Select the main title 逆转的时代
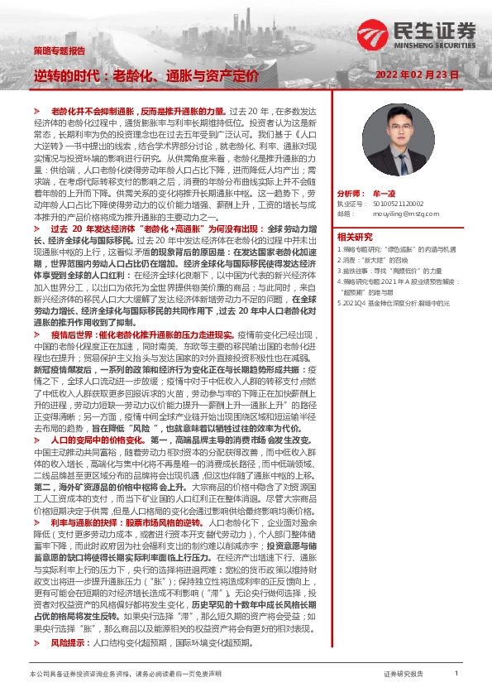pos(70,75)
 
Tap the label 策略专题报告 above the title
pos(59,50)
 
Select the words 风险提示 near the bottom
pos(69,642)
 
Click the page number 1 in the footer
pos(456,674)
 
